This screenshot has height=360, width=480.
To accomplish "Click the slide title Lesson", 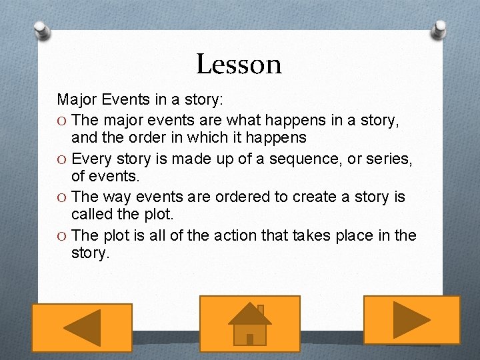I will [x=239, y=65].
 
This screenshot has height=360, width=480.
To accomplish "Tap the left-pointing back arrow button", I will [x=82, y=327].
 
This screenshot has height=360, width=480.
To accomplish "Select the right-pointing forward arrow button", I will [x=411, y=320].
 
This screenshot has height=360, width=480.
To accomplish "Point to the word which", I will [x=190, y=138].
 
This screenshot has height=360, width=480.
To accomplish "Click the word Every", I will [x=91, y=159].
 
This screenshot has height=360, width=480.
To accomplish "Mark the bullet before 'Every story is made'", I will [x=61, y=159].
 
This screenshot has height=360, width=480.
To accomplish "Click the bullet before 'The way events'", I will [x=61, y=198].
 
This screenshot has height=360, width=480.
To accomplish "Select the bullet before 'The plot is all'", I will [x=61, y=236].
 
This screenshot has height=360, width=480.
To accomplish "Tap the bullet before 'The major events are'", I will [x=61, y=121].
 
